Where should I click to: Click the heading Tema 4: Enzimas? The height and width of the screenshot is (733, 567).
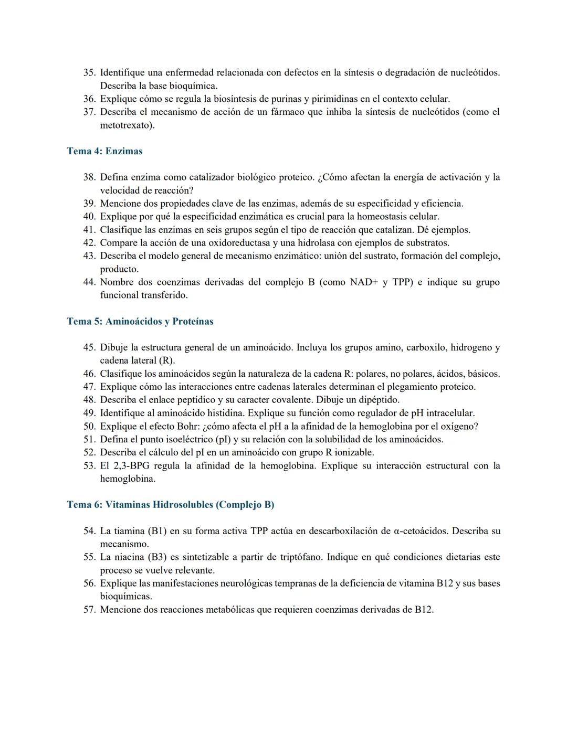[x=104, y=151]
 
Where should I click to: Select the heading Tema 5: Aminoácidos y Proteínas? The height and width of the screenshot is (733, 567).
[x=140, y=321]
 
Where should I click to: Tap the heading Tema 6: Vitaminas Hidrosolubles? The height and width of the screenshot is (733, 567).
[x=170, y=504]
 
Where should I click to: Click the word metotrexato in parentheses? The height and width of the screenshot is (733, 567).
[x=125, y=125]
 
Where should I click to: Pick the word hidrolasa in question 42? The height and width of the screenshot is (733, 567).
[x=316, y=243]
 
